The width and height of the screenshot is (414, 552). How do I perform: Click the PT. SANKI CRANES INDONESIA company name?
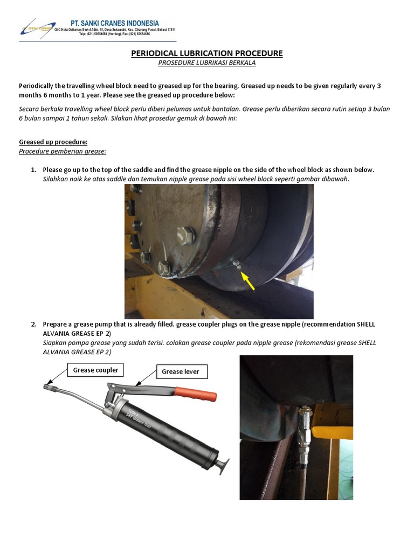coord(115,23)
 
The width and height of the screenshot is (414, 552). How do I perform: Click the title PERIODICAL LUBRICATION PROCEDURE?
coord(207,53)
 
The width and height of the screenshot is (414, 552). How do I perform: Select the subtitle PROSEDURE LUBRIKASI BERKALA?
coord(207,63)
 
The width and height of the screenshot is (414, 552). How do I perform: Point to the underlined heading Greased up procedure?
coord(53,142)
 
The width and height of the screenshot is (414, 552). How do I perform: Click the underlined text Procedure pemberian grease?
coord(63,151)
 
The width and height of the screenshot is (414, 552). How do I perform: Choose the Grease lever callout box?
coord(181,371)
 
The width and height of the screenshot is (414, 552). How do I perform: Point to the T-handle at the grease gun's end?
coord(223,465)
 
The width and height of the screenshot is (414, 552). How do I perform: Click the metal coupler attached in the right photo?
coord(303,426)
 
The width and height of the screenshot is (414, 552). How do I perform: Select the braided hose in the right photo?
coord(302,480)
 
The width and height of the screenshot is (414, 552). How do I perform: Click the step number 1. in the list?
coord(34,170)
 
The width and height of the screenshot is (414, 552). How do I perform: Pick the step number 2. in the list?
coord(34,325)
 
